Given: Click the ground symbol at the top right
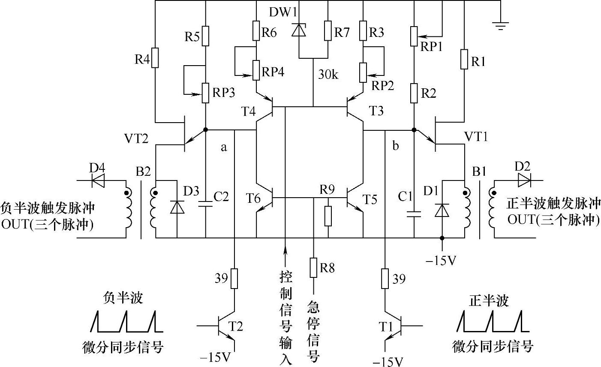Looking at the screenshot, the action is pos(500,25).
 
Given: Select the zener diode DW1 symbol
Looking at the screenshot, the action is pos(299,30).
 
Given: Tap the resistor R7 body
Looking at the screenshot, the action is pos(328,30).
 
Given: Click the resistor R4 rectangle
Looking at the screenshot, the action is pos(155,58).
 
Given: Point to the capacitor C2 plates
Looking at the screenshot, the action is pos(205,204).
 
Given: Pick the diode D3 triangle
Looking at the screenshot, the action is pos(177,207).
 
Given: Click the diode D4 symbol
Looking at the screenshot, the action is pos(98,180).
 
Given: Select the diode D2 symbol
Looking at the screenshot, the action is pos(524,180).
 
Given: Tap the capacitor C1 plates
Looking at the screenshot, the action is pos(414,214).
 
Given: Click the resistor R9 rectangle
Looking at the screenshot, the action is pos(328,216).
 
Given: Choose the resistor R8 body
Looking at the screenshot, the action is pos(313,268).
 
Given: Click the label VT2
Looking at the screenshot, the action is pos(136,139).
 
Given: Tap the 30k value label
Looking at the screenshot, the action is pos(328,74).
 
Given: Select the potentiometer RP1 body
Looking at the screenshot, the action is pos(414,36).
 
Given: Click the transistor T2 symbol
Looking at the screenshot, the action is pos(224,326).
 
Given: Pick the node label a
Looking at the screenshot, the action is pos(223,147).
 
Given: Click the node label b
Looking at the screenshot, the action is pos(396,145).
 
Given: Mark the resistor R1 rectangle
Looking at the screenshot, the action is pos(464,59).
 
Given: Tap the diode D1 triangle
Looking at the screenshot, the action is pos(442,210).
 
